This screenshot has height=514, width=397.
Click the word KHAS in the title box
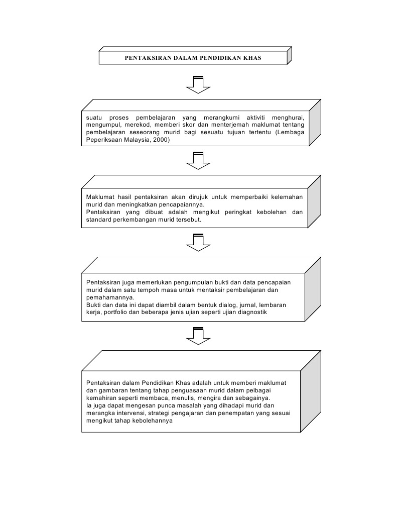[252, 58]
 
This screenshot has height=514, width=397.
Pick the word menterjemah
[254, 125]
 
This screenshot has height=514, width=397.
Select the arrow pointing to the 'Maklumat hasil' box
[198, 161]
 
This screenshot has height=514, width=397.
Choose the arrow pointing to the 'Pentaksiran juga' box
[198, 242]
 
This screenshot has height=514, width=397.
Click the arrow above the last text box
[198, 336]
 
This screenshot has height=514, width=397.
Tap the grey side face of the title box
[290, 56]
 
